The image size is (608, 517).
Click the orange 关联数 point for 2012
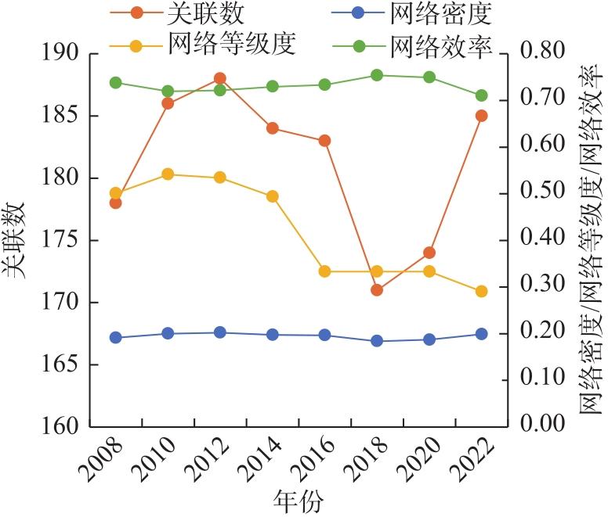[x=220, y=78]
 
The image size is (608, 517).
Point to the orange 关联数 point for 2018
[x=377, y=290]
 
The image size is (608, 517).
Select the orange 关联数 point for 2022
[x=482, y=116]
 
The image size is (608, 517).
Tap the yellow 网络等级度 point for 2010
[x=168, y=174]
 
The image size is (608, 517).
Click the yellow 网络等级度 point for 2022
[x=482, y=291]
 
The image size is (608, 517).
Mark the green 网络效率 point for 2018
[x=377, y=75]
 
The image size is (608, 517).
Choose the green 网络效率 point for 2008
[x=115, y=82]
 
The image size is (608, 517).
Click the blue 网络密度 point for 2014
[x=272, y=335]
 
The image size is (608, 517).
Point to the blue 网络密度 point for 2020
[x=429, y=339]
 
